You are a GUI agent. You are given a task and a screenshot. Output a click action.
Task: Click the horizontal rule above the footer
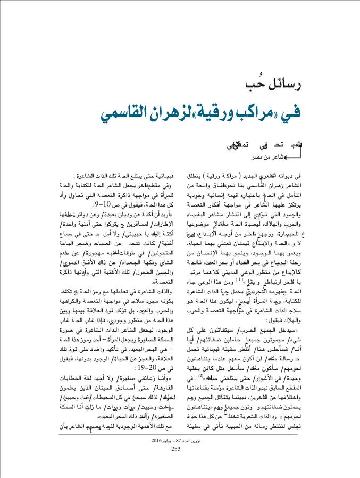[180, 435]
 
